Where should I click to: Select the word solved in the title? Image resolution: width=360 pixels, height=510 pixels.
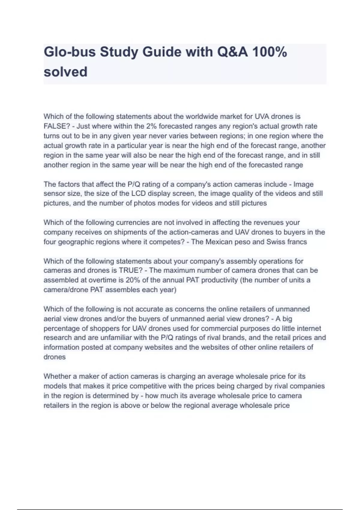coord(65,72)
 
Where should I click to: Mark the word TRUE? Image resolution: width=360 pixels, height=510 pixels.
coord(130,270)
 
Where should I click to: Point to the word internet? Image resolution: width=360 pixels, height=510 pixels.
coord(309,328)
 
